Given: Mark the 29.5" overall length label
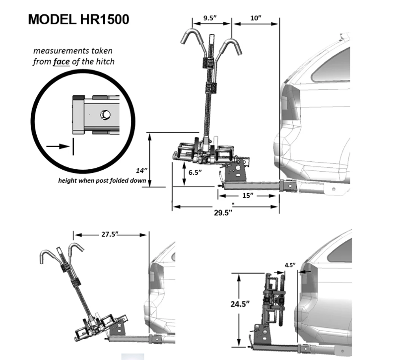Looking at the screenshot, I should tap(223, 212).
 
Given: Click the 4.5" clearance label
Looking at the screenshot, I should tap(290, 265).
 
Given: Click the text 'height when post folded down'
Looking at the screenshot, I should tap(102, 181).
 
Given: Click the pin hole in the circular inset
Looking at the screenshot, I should tap(105, 115).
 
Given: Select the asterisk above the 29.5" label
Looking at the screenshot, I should tap(232, 204).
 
